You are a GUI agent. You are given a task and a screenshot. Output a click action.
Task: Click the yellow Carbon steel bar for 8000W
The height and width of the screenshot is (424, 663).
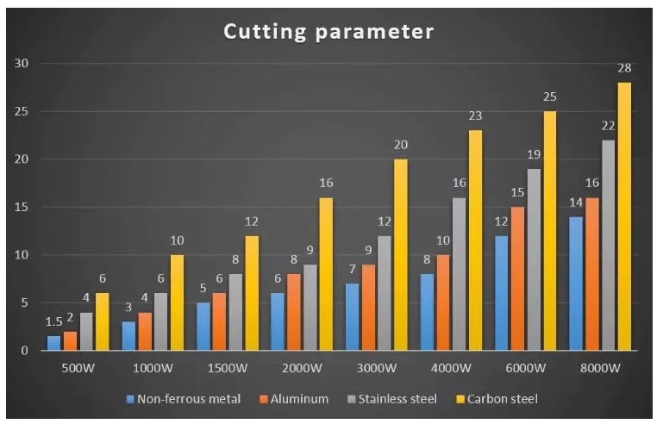pyautogui.click(x=624, y=216)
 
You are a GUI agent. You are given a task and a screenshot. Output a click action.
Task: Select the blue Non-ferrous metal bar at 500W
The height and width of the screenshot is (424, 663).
pyautogui.click(x=54, y=343)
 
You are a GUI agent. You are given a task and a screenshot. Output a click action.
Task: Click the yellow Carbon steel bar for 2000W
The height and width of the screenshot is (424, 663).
pyautogui.click(x=326, y=274)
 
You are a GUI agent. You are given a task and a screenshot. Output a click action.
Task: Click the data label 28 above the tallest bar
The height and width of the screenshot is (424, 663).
pyautogui.click(x=624, y=68)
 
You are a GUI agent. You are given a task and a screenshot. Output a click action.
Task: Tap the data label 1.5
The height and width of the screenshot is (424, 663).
pyautogui.click(x=53, y=321)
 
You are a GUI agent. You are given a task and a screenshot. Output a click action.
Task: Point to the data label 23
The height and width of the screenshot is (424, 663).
pyautogui.click(x=475, y=115)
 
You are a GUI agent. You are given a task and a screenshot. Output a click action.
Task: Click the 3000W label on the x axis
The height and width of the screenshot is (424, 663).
pyautogui.click(x=377, y=369)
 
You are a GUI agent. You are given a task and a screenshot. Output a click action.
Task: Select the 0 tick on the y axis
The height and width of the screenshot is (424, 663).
pyautogui.click(x=28, y=351)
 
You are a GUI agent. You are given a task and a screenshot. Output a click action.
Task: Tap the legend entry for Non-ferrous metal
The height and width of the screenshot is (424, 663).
pyautogui.click(x=190, y=399)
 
